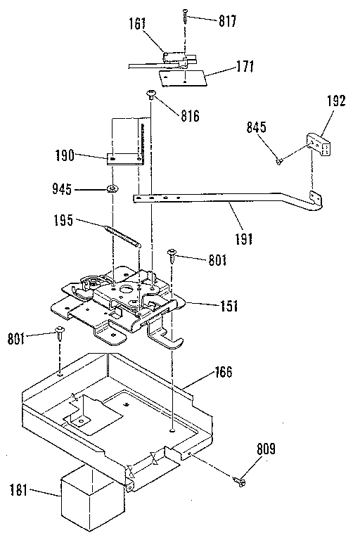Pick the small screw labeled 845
click(x=279, y=161)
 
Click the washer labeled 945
click(x=112, y=189)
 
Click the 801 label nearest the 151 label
click(x=217, y=260)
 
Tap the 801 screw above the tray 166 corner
click(x=60, y=333)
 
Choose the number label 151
click(x=228, y=306)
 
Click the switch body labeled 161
click(x=173, y=56)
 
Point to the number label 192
click(x=337, y=101)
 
